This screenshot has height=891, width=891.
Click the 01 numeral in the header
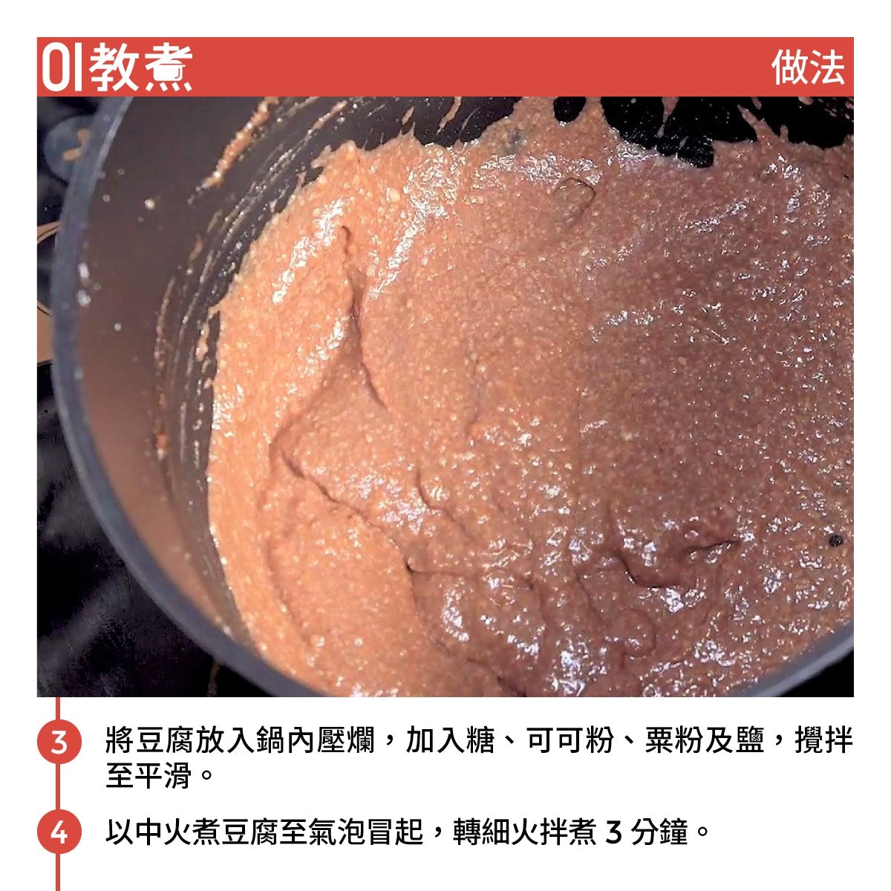coord(62,67)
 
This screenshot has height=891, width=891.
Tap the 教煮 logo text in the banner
coord(140,68)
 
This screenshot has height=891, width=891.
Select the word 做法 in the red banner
coord(807,68)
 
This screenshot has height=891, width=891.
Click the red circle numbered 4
coord(59,832)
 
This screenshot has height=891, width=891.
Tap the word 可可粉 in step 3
coord(569,740)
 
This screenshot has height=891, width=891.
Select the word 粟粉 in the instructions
coord(673,740)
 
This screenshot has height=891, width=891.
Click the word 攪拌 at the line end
coord(823,740)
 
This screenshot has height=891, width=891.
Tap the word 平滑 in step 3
coord(163,775)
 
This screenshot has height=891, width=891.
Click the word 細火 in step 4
coord(509,832)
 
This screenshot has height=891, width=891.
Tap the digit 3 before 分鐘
coord(613,832)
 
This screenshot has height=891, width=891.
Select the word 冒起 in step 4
coord(394,832)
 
